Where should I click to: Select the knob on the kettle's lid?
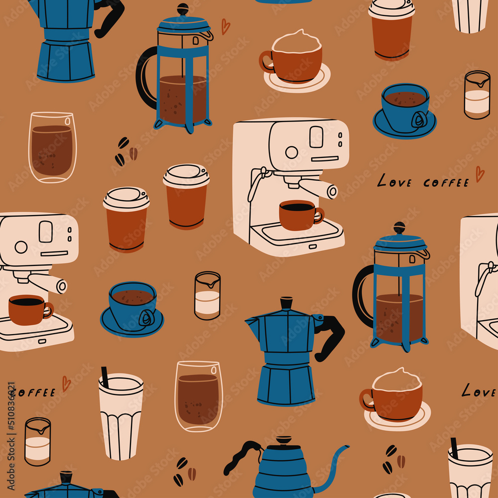(283, 440)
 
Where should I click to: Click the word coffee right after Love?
(446, 183)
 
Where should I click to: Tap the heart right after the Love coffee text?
(480, 174)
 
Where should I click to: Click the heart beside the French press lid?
(226, 26)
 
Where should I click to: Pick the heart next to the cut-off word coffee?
(66, 383)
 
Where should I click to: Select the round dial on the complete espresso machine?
(291, 152)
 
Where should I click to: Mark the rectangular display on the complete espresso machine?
(316, 137)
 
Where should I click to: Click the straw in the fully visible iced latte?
(105, 377)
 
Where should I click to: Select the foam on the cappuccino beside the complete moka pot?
(397, 380)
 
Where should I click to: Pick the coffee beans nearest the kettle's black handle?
(185, 471)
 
